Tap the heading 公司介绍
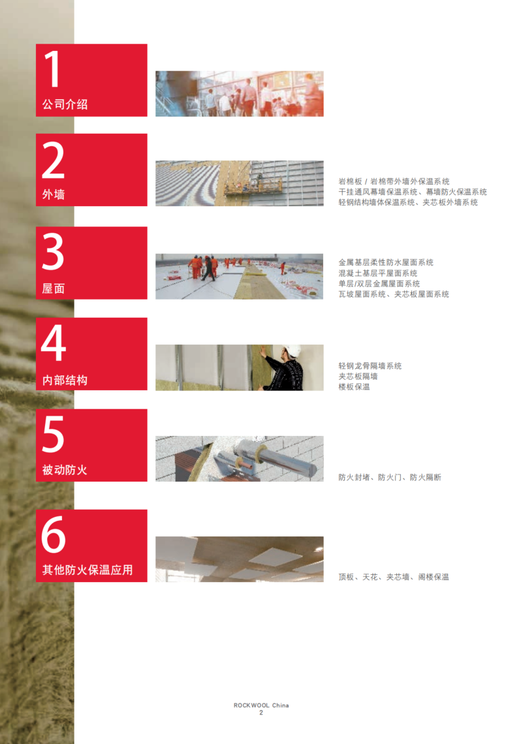[x=65, y=104]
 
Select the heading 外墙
[x=54, y=194]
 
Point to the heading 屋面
[x=54, y=288]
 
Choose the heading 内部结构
[x=65, y=380]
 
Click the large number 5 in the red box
[x=53, y=434]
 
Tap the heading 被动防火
[x=65, y=470]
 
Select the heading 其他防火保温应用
[x=87, y=569]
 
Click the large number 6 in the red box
[x=54, y=535]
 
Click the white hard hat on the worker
[x=291, y=350]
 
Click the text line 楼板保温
[x=354, y=387]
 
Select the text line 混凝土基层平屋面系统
[x=378, y=273]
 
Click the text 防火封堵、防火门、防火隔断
[x=390, y=477]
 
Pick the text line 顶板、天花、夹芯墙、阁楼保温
[x=393, y=577]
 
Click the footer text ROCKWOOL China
[x=261, y=705]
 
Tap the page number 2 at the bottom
[x=261, y=713]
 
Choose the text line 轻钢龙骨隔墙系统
[x=370, y=366]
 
